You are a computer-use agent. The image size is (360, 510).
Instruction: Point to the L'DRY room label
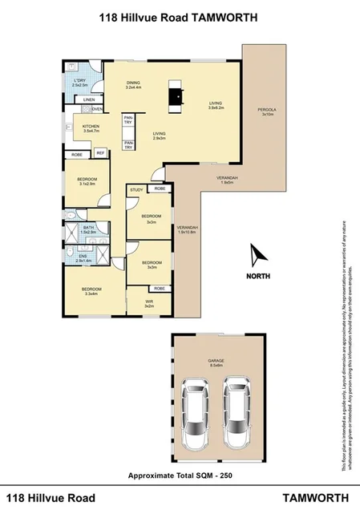pos(79,81)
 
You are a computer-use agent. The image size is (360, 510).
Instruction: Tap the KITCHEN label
pos(90,127)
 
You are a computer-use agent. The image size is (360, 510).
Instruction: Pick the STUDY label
pos(137,190)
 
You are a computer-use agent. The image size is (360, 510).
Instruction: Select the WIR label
pos(149,302)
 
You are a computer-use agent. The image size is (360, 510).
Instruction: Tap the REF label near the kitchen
pos(101,153)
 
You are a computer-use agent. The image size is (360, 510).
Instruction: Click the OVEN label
pos(98,109)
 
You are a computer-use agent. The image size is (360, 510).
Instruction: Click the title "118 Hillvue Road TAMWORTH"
pos(179,15)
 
